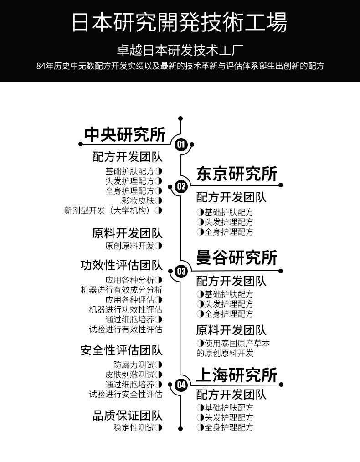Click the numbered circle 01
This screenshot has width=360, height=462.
click(181, 145)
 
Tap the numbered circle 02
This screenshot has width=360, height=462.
click(181, 185)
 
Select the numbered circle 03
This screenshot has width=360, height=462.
click(181, 272)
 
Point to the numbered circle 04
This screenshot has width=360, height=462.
click(181, 385)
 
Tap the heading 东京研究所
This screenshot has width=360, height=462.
click(237, 174)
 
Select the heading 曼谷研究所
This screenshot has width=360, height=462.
click(237, 258)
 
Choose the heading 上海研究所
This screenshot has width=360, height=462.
click(237, 375)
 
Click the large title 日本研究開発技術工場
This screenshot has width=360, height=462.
click(180, 22)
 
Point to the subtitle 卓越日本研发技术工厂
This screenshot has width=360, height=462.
click(180, 50)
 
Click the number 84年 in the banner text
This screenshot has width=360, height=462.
click(44, 66)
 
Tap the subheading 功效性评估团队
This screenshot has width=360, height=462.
click(121, 265)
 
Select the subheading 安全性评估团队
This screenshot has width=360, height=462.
click(121, 350)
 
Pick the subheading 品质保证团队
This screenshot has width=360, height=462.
click(127, 416)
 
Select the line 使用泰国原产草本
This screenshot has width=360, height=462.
click(237, 343)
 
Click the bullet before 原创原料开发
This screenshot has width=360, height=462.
click(159, 246)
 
